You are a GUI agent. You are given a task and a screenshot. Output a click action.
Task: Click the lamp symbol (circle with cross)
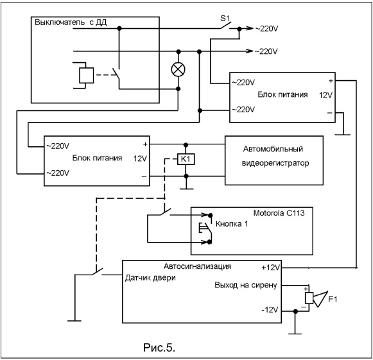tap(178, 70)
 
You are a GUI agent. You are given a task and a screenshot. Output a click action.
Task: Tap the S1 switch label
tap(225, 19)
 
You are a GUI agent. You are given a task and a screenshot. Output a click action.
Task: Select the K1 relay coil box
tap(186, 159)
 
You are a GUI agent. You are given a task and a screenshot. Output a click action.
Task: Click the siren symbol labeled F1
tap(317, 298)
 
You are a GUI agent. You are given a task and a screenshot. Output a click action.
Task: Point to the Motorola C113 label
tap(279, 213)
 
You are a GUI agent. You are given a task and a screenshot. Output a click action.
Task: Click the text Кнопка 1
tap(232, 224)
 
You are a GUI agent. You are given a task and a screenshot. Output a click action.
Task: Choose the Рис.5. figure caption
tap(159, 348)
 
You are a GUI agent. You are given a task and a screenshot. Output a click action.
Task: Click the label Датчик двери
tap(150, 278)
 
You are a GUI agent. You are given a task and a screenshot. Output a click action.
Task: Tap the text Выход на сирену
tap(246, 285)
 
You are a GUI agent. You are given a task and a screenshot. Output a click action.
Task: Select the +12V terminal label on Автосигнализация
tap(271, 268)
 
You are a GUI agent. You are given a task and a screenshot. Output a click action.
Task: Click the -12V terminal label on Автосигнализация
tap(270, 310)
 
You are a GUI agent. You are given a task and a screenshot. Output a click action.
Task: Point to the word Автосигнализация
tap(197, 266)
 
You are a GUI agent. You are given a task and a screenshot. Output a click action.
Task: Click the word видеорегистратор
tap(275, 163)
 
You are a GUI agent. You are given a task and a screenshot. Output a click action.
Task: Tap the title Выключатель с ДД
tap(71, 22)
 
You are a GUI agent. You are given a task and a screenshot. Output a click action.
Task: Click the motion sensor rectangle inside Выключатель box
tap(87, 75)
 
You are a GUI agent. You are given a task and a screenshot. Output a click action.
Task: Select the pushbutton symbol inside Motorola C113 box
tap(205, 228)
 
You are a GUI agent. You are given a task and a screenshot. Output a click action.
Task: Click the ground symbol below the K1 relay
tap(186, 189)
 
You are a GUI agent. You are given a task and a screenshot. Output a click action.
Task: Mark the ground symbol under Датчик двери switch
tap(74, 321)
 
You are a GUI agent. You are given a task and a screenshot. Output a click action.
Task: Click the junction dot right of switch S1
tap(239, 29)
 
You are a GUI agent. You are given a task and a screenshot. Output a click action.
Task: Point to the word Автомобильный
tap(273, 149)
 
